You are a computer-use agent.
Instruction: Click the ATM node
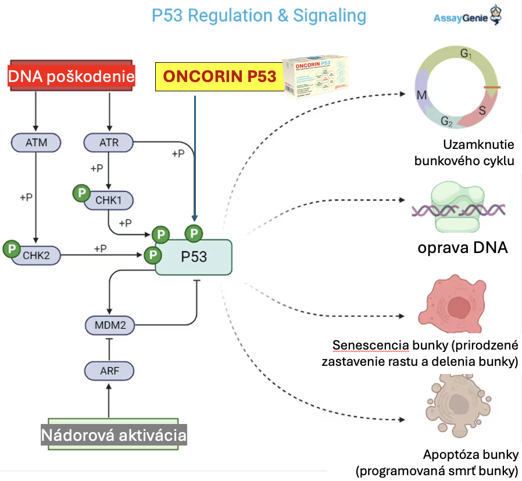[35, 142]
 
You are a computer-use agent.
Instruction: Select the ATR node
[109, 142]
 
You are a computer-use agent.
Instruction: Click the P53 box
[194, 256]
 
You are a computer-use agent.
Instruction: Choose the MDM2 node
[110, 325]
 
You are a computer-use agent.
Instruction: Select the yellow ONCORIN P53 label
[219, 76]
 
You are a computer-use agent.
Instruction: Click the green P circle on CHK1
[81, 193]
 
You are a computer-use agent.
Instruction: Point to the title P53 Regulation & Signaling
[259, 16]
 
